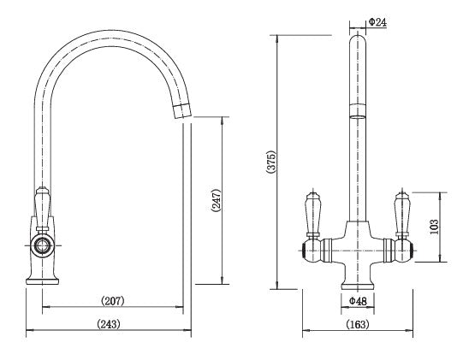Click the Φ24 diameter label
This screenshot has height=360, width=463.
coord(377,22)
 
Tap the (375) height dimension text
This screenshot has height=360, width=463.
coord(270,162)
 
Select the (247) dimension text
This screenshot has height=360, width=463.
coord(217,200)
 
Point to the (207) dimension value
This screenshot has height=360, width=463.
coord(113,301)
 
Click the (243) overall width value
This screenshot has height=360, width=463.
coord(109,324)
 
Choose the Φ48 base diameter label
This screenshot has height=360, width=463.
coord(358,301)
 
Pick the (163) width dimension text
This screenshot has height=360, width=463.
coord(358,324)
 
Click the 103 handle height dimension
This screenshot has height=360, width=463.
coord(434,227)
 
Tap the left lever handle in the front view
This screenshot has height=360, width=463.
coord(312,213)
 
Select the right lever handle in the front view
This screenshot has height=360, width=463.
coord(401,213)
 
